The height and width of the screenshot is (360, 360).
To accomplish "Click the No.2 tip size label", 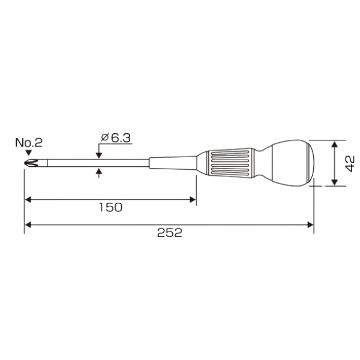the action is point(29,143).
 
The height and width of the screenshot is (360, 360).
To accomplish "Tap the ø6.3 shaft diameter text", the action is point(116,138).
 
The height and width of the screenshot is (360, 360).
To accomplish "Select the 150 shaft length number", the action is point(110,208).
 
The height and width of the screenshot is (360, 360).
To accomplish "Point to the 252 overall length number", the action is point(170,233).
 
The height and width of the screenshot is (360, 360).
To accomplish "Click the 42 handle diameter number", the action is point(350,164).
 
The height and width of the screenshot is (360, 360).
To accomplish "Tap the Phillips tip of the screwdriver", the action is point(31,163).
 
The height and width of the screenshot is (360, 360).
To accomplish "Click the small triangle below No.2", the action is point(28,153).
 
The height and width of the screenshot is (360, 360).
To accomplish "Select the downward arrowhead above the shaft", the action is point(99,155).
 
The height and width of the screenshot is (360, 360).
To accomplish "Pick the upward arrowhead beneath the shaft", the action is point(99,171).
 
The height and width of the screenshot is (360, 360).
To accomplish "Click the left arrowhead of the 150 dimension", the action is point(28,200).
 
